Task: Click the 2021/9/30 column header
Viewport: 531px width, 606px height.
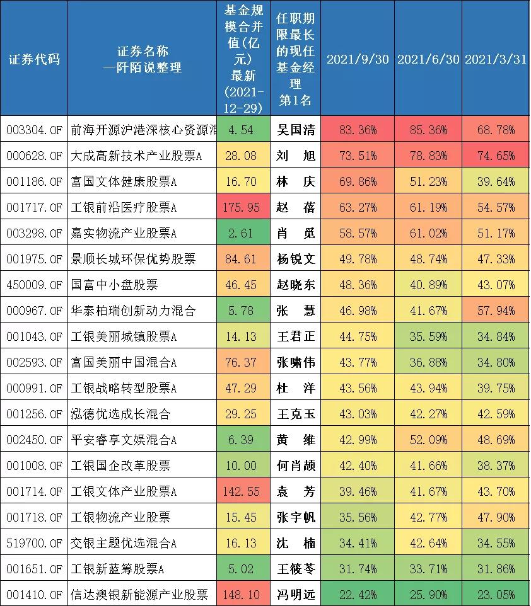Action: point(358,59)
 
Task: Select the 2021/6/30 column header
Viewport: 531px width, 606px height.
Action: point(428,59)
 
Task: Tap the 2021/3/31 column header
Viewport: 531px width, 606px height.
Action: point(496,59)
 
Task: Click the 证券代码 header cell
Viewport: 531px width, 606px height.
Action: point(34,59)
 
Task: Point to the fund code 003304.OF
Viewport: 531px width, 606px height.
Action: point(34,130)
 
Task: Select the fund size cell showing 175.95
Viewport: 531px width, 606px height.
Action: point(243,207)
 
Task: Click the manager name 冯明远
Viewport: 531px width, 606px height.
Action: point(296,594)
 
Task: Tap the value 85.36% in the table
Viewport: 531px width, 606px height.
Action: point(428,130)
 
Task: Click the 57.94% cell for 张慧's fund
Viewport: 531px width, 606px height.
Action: point(496,311)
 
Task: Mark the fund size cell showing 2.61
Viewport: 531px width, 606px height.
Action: point(243,233)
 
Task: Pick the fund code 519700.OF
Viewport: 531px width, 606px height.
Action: point(34,542)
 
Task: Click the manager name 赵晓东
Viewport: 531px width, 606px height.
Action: point(296,285)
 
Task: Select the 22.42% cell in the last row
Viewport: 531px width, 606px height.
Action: point(358,594)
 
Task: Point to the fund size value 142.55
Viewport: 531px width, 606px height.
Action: point(243,491)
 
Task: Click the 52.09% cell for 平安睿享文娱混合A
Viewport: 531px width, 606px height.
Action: point(428,440)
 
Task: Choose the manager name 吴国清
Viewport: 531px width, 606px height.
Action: point(296,130)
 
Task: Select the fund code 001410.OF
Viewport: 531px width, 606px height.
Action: point(34,594)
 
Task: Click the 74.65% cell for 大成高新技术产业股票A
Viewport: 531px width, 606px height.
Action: point(496,156)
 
